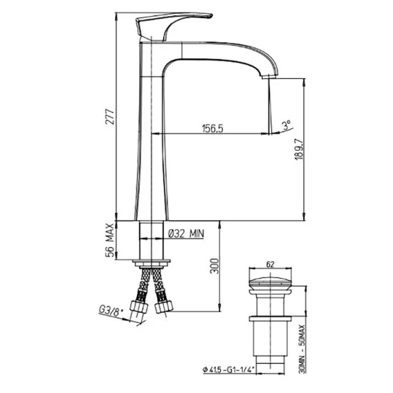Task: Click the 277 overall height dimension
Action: point(110,116)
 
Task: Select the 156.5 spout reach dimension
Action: point(212,129)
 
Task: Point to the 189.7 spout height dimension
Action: point(299,149)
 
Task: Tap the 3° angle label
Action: point(286,125)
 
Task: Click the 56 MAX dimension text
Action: point(110,240)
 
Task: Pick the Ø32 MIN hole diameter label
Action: point(186,234)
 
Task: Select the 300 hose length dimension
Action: point(214,266)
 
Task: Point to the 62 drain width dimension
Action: point(270,264)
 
